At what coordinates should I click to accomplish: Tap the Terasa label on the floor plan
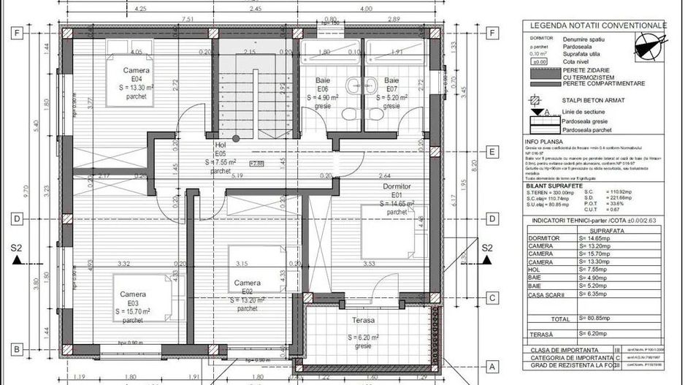(x=362, y=321)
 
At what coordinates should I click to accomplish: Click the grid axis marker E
(x=493, y=152)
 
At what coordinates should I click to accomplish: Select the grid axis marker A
(x=492, y=367)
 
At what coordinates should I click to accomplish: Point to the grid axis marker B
(x=15, y=348)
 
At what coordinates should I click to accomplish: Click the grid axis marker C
(x=493, y=297)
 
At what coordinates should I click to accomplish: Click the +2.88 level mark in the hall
(x=256, y=164)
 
